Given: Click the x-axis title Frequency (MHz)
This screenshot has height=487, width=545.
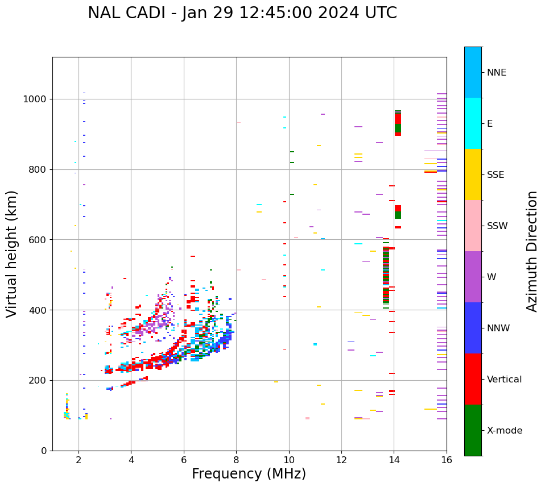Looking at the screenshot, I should pos(249,474).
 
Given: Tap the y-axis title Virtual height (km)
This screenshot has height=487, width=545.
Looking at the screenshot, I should pos(12,254).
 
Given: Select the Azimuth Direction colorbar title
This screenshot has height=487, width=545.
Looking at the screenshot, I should pos(532,251).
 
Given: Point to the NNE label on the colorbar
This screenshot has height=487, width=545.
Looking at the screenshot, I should pos(497,73).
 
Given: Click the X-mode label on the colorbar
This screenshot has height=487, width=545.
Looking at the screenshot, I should pos(505,431).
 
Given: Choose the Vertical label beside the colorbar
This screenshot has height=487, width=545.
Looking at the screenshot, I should pos(504,380).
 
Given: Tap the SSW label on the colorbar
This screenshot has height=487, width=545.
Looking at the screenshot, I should pos(497,226).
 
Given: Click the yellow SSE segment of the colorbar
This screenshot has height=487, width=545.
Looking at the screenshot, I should pos(473,174).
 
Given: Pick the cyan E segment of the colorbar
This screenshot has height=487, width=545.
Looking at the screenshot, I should pos(473,123).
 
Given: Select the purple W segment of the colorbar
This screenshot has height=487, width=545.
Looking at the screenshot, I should pos(473,277).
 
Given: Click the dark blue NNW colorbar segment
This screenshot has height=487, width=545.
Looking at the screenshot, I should pos(473,328).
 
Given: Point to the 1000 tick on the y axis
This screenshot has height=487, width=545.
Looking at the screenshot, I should pos(34,99).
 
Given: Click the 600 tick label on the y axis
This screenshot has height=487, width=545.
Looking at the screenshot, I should pos(37,240).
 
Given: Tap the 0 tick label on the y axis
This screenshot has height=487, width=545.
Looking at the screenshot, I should pos(44,451).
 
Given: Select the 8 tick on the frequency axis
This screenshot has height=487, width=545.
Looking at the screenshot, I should pos(236,459).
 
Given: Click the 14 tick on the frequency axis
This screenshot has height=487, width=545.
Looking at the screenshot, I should pos(394,459).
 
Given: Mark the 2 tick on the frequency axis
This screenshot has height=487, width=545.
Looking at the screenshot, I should pos(79,459).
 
